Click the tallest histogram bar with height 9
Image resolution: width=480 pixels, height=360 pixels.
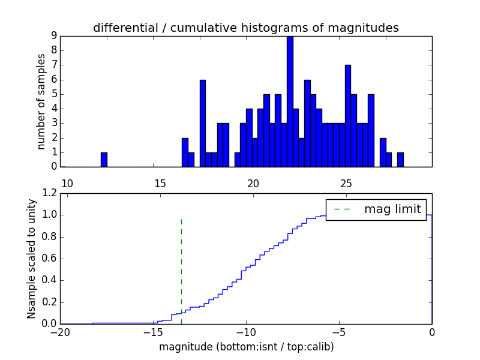click(290, 102)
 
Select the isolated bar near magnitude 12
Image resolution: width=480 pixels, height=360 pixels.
click(104, 160)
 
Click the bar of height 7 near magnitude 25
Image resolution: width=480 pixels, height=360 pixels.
click(348, 116)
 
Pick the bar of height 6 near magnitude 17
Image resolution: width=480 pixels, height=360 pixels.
click(203, 123)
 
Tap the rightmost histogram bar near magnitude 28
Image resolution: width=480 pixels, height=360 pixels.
click(400, 160)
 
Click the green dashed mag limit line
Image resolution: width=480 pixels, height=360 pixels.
click(181, 270)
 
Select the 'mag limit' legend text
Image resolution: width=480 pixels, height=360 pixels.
click(392, 209)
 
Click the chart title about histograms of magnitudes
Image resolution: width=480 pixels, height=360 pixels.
click(245, 28)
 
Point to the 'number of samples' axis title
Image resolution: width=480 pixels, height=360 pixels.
click(41, 101)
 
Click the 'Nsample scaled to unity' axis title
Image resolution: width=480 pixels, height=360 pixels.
click(31, 258)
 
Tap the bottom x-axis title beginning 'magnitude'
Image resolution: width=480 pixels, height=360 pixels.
click(246, 347)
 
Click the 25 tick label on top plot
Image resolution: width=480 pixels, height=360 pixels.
click(346, 183)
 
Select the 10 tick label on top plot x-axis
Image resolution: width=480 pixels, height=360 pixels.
click(67, 183)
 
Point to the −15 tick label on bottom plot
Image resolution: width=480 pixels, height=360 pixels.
click(153, 332)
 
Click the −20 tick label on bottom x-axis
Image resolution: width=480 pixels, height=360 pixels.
click(60, 332)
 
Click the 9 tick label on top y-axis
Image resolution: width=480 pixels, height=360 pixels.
click(53, 36)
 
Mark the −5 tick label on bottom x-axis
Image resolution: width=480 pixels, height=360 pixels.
click(339, 332)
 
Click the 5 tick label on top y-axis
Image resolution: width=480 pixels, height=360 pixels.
click(53, 94)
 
